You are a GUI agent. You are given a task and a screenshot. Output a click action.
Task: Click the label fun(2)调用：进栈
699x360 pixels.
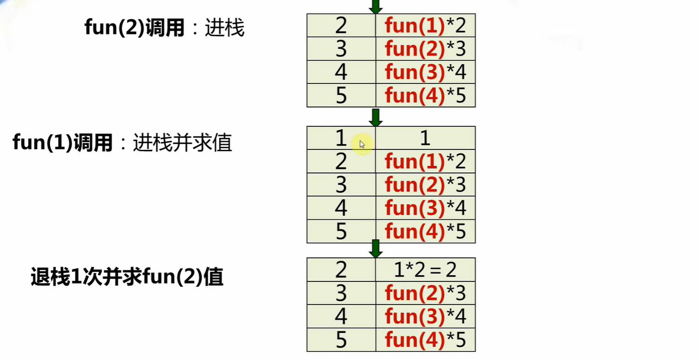click(164, 28)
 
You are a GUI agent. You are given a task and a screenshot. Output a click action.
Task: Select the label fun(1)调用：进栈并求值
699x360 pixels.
click(122, 143)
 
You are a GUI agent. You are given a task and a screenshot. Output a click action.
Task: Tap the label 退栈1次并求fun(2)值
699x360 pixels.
click(127, 278)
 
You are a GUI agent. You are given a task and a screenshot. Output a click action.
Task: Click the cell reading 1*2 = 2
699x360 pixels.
click(425, 270)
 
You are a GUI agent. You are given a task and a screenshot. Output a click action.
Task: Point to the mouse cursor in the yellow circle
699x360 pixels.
click(362, 144)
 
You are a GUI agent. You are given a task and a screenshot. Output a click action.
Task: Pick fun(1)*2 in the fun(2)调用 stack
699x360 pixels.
click(425, 26)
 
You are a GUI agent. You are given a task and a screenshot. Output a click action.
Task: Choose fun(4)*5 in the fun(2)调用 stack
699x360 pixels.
click(425, 95)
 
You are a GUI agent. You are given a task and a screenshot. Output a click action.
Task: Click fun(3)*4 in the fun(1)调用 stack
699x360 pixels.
click(425, 208)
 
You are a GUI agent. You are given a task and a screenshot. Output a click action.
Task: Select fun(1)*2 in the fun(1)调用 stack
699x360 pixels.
click(425, 161)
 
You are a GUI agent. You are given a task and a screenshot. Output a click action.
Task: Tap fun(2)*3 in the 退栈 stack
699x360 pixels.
click(425, 293)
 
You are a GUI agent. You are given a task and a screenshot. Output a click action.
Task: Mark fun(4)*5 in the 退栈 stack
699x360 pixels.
click(425, 340)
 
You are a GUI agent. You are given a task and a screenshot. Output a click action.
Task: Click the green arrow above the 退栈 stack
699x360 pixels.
click(375, 249)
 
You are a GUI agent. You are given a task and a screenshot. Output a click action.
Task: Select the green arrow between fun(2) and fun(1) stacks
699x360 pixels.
click(375, 117)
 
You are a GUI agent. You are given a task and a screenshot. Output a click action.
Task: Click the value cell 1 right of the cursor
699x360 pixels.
click(425, 138)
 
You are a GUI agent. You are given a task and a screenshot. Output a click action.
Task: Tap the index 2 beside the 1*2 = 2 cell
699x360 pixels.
click(341, 270)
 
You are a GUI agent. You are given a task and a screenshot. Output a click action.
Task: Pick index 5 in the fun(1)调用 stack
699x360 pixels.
click(341, 232)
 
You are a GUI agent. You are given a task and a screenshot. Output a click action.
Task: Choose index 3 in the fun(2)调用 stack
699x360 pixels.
click(341, 49)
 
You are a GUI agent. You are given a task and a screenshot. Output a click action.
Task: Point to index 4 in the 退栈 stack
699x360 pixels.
click(341, 317)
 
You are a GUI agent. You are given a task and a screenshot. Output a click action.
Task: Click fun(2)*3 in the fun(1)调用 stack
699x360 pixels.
click(425, 185)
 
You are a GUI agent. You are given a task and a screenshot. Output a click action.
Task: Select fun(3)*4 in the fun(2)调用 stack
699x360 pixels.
click(425, 72)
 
